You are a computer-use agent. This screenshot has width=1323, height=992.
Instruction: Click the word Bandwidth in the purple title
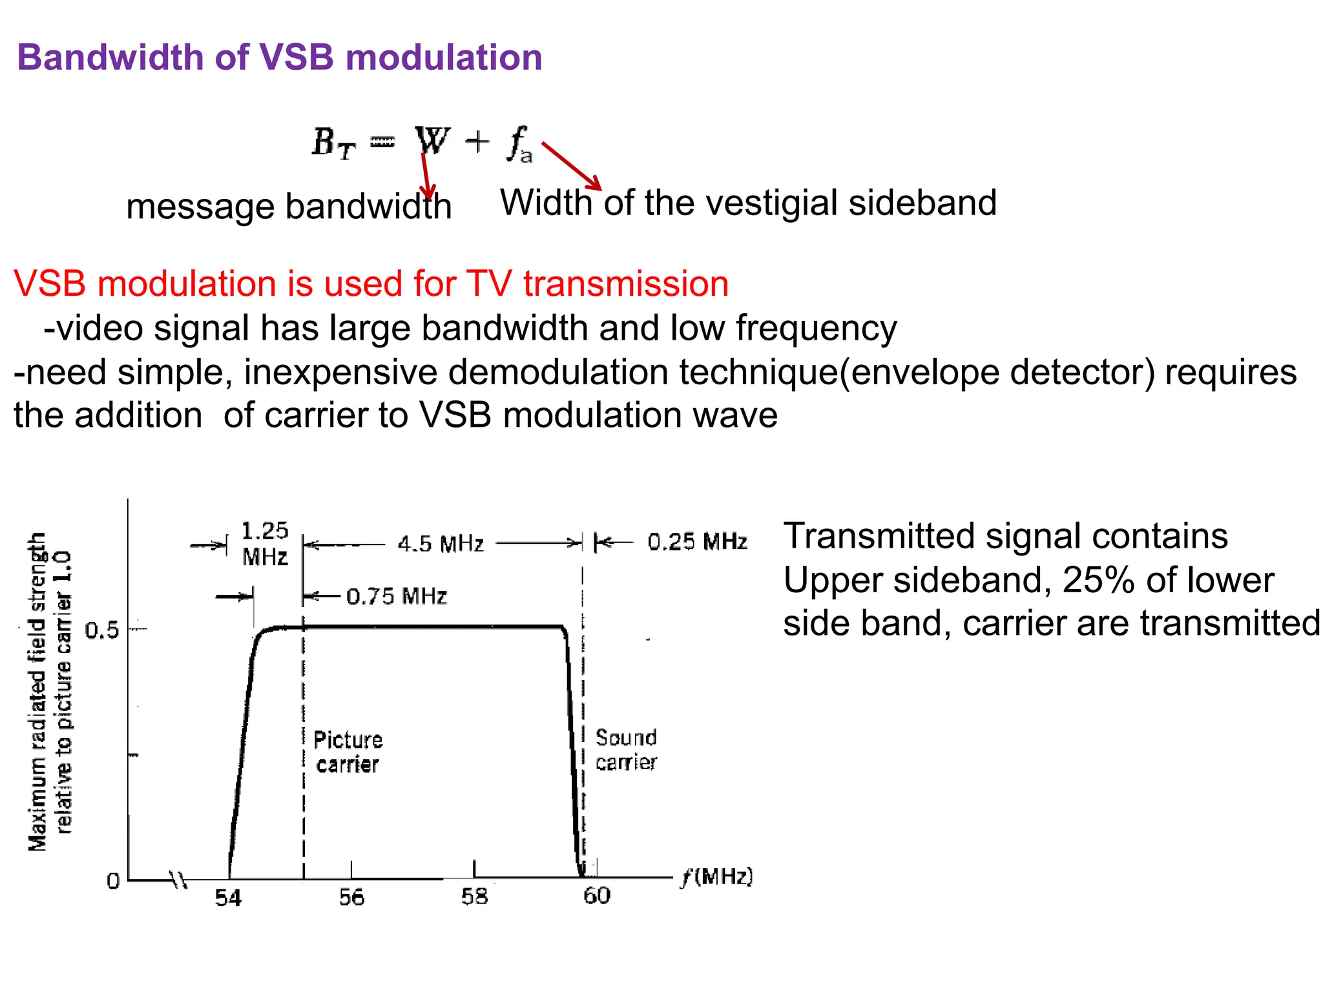110,57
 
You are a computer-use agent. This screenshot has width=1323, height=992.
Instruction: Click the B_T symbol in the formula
333,143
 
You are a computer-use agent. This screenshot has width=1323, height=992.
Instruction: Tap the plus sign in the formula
477,141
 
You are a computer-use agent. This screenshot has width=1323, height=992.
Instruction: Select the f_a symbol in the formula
519,144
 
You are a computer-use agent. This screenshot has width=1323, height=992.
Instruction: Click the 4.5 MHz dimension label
441,544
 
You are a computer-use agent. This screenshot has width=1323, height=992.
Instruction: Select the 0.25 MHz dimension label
697,541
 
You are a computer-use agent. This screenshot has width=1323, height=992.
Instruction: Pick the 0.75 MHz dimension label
396,595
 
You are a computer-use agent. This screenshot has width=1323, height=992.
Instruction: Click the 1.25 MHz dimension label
264,544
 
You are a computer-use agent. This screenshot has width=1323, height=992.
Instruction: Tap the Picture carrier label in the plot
348,752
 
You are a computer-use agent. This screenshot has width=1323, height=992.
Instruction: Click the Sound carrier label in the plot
625,750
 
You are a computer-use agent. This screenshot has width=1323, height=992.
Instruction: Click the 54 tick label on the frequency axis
228,898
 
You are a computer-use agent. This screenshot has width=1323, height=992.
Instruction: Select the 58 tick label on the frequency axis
474,896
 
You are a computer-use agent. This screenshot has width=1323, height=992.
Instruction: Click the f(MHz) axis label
717,876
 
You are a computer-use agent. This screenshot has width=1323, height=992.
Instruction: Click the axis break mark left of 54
178,880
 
